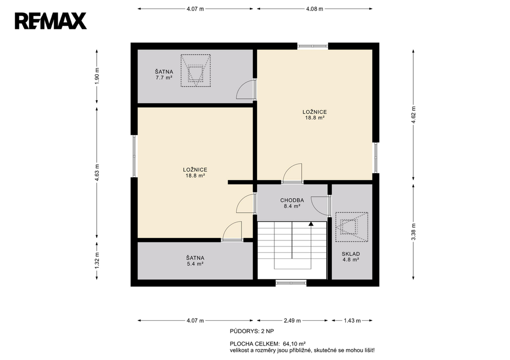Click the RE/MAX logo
point(51,21)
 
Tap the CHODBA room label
point(292,200)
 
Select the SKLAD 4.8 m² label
point(351,257)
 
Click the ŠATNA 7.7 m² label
point(164,75)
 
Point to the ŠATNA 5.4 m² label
point(195,261)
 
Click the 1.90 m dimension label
point(97,76)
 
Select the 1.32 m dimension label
point(97,260)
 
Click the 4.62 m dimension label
point(413,115)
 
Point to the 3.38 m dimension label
point(413,232)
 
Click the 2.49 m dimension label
point(292,321)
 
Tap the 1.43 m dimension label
point(352,321)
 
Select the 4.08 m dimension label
point(315,9)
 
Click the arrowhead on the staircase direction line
point(311,224)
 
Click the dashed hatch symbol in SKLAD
point(352,227)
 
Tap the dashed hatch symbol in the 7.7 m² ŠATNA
point(195,71)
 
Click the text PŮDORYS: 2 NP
point(252,332)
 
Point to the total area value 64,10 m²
point(294,344)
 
